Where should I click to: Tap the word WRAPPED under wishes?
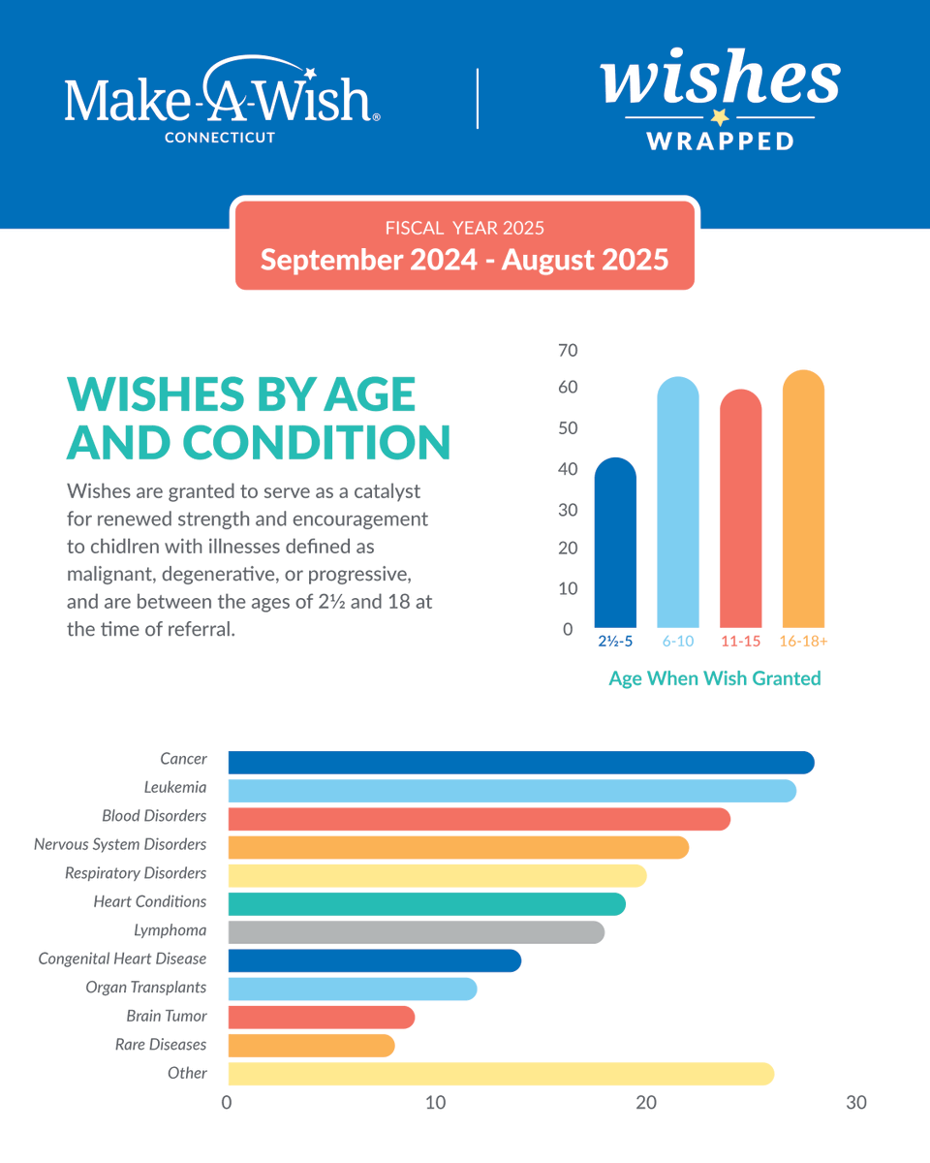click(720, 141)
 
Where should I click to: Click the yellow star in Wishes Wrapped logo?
click(719, 117)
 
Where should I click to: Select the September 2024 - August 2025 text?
click(464, 260)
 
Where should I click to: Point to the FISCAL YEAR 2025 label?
click(464, 229)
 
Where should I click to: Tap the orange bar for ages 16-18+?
click(803, 499)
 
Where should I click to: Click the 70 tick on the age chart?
click(568, 351)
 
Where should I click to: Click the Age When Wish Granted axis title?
click(714, 678)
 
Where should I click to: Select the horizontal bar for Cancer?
click(520, 763)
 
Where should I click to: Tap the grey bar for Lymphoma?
click(416, 932)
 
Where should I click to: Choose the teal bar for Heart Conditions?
click(426, 904)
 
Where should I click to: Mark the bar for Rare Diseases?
click(311, 1046)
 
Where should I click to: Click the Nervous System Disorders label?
click(120, 845)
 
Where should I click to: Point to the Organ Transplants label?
click(145, 988)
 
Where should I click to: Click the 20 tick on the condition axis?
click(645, 1103)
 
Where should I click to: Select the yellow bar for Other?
click(501, 1074)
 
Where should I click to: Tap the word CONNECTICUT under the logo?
click(220, 138)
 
